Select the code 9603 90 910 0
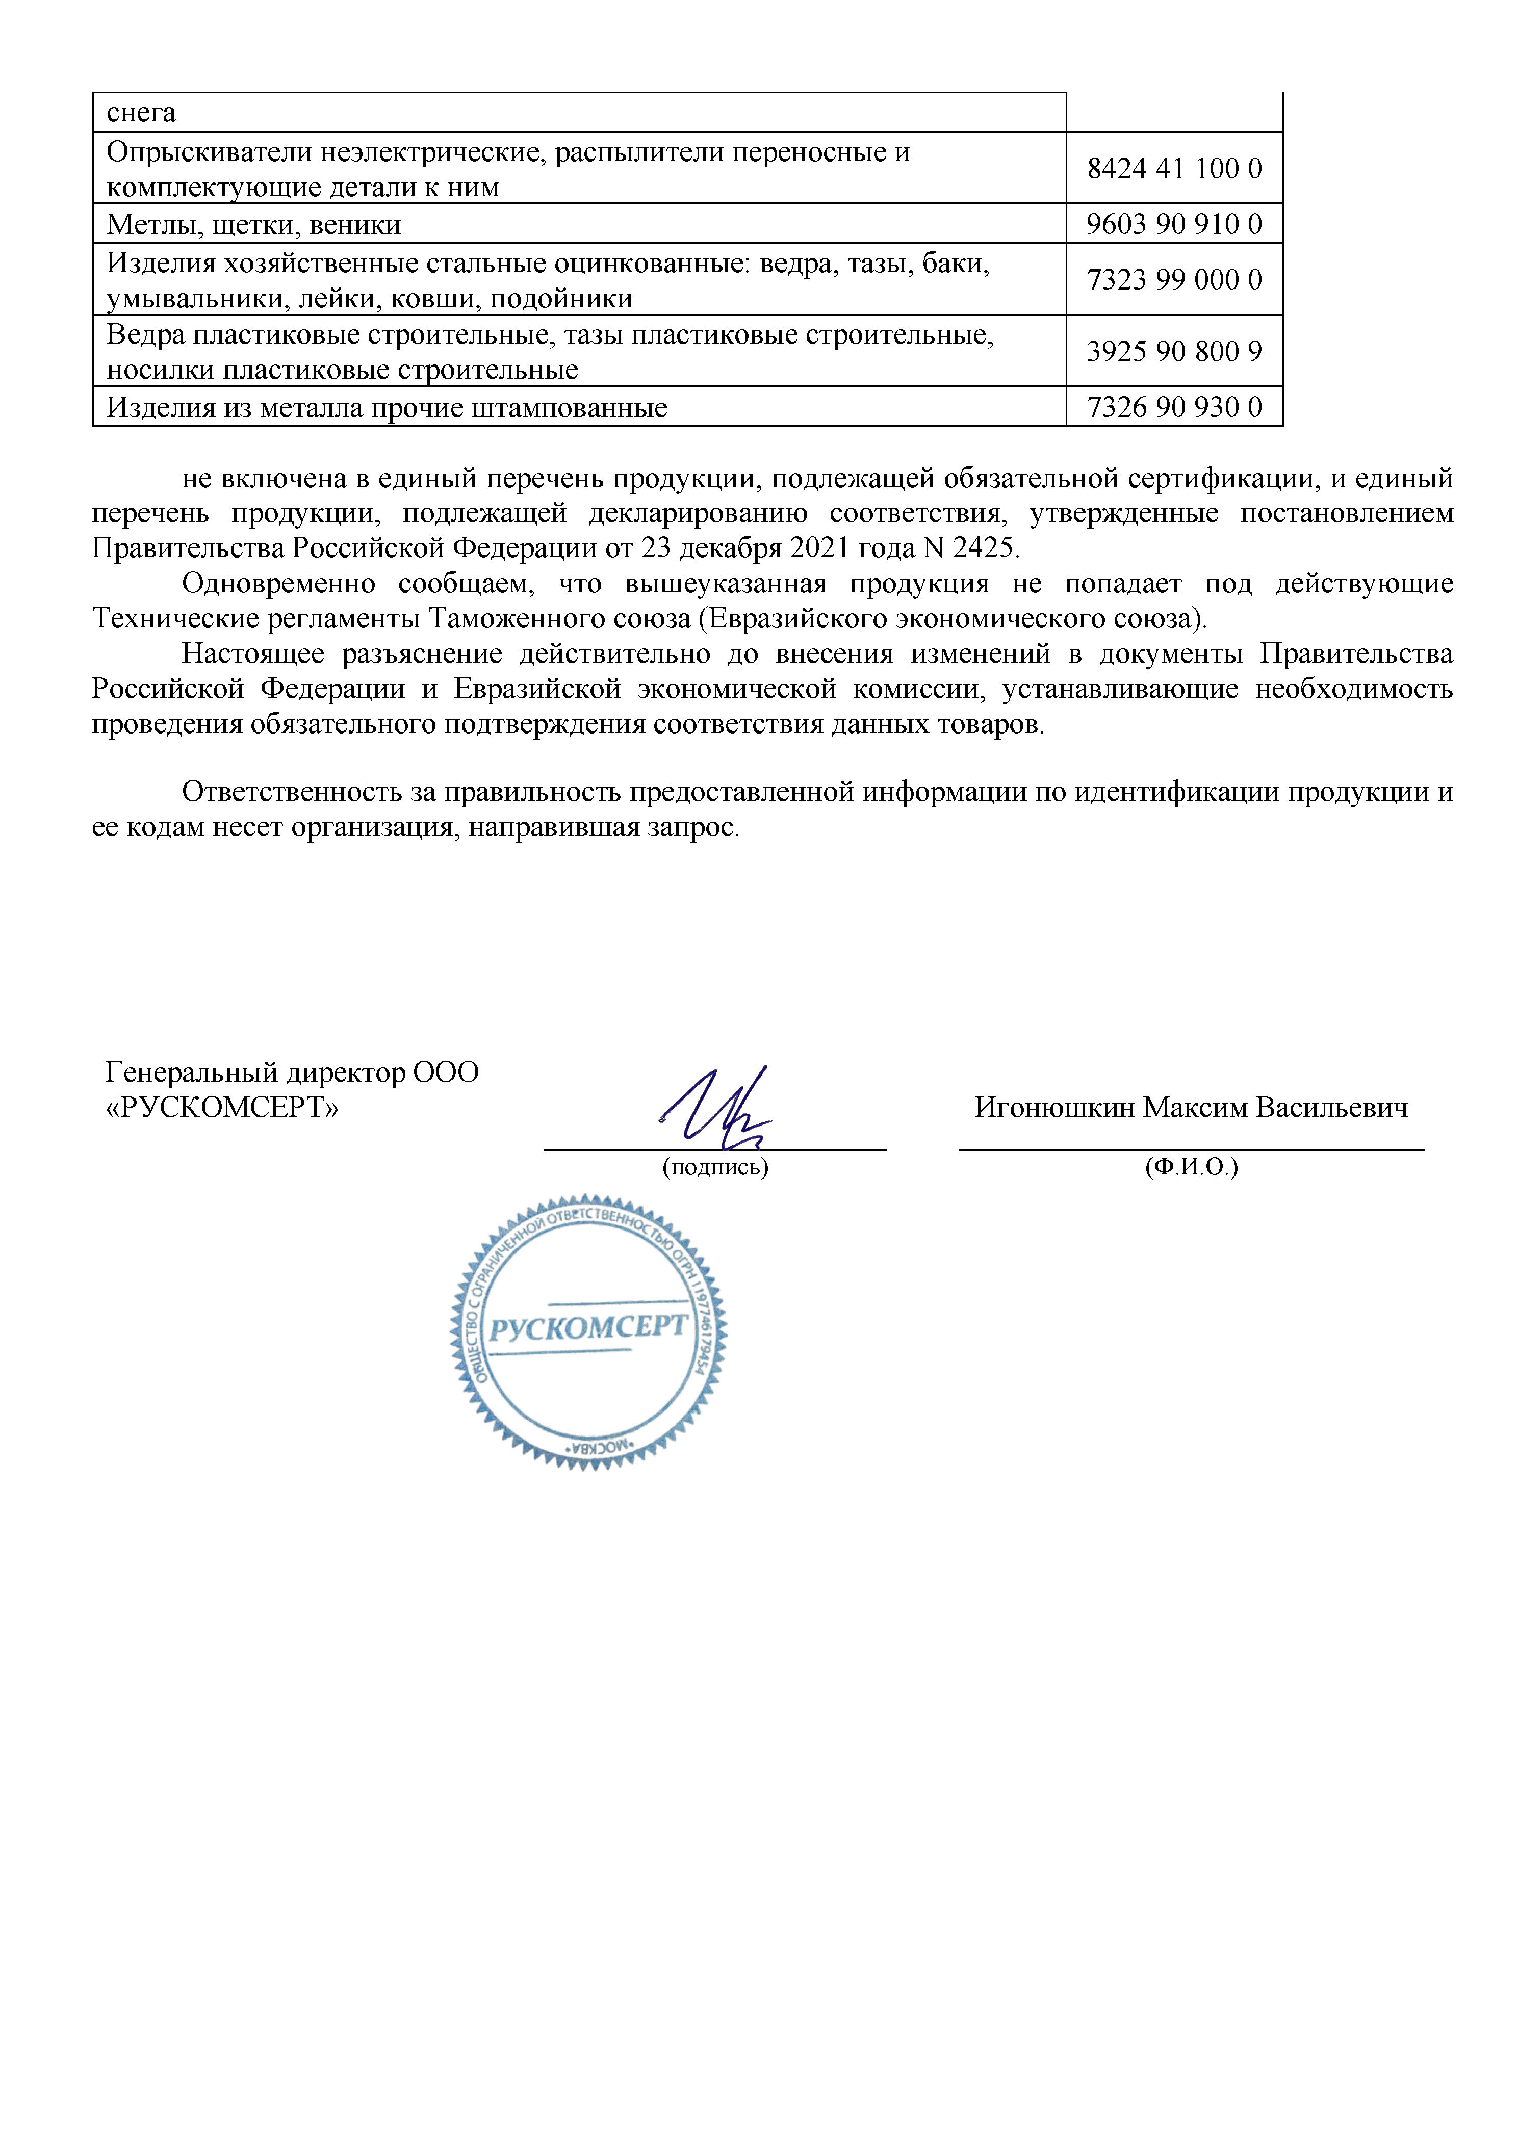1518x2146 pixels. click(x=1174, y=224)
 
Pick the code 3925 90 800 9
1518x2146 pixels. click(x=1174, y=351)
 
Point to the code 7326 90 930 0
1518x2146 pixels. click(x=1174, y=407)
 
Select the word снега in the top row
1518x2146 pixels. click(x=141, y=113)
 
